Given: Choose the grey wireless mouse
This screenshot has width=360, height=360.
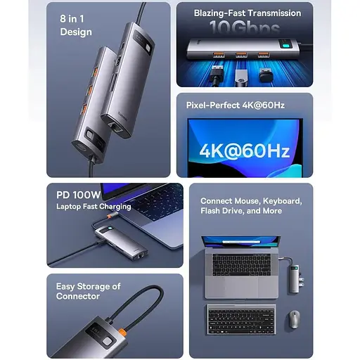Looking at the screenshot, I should [x=292, y=319].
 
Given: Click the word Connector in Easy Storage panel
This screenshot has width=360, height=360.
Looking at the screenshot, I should [x=79, y=296].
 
